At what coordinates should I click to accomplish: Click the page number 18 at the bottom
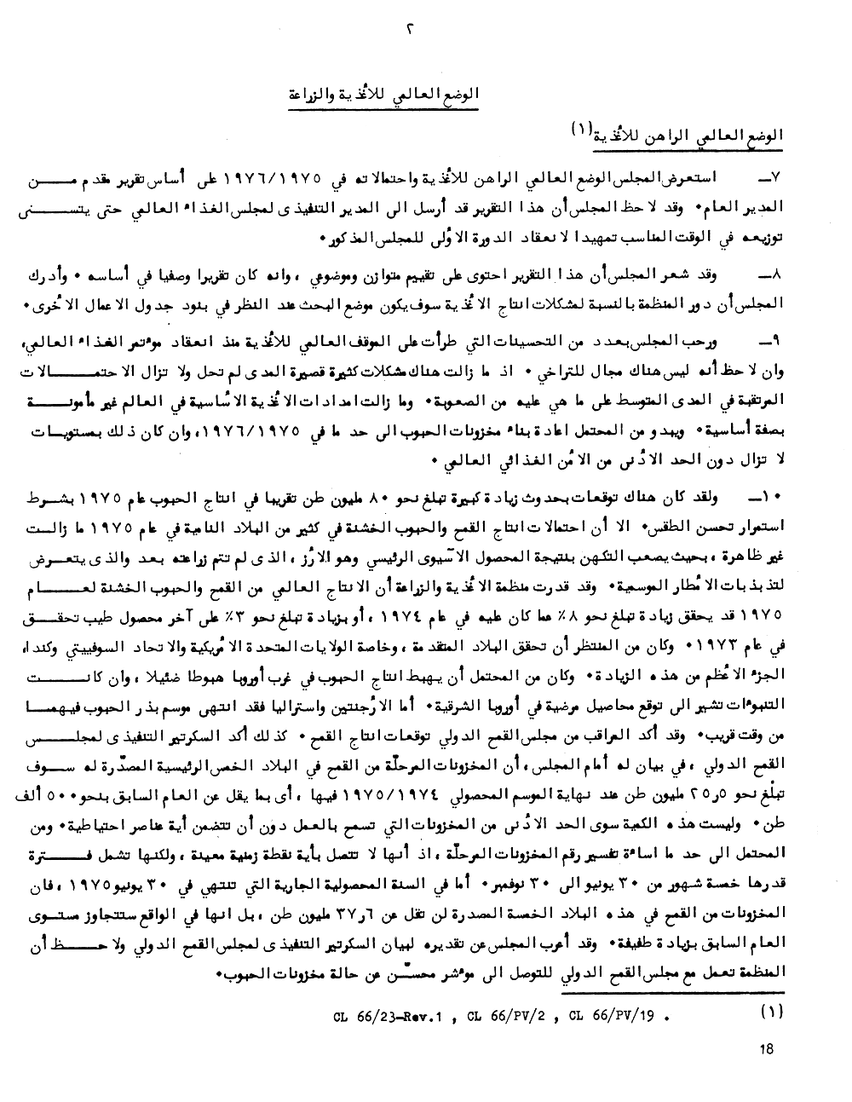[x=765, y=1049]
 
